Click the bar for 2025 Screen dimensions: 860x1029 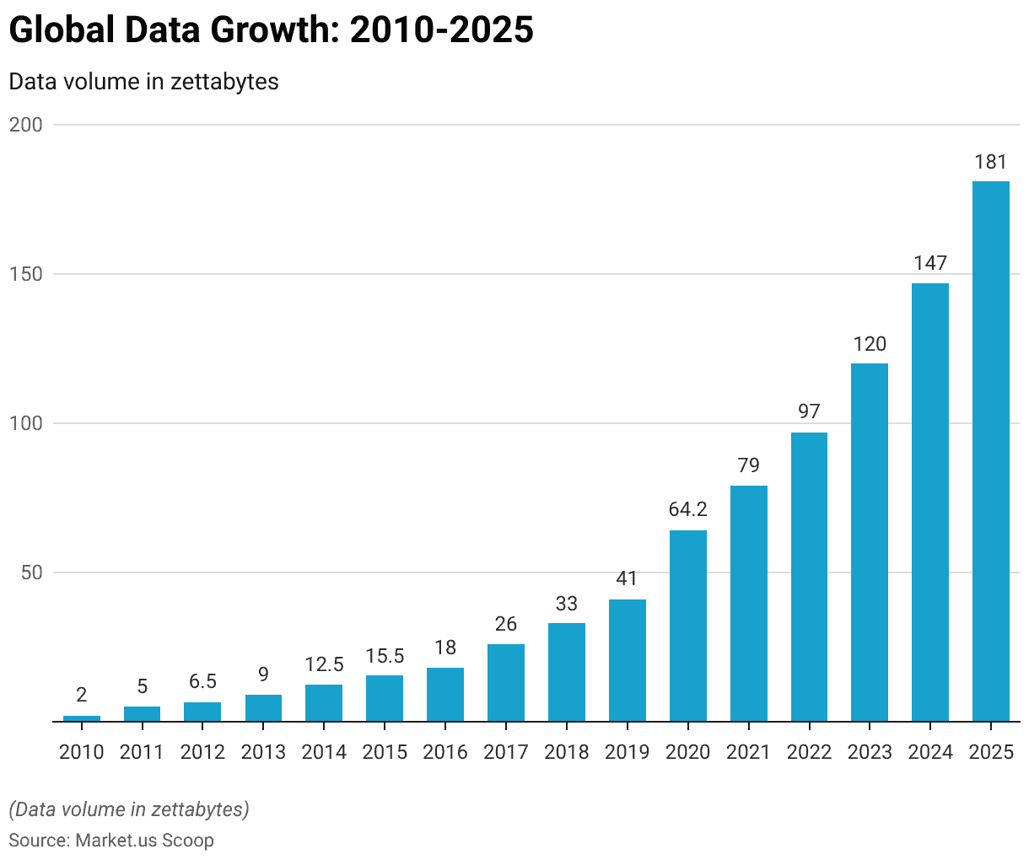991,451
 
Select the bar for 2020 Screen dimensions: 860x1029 688,626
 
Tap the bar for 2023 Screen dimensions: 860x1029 870,542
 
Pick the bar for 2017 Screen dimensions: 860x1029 506,683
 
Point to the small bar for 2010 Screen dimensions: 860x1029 82,718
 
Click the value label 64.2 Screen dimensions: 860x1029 688,509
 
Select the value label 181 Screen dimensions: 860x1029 991,162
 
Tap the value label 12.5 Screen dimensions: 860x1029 324,664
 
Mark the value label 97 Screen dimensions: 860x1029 809,411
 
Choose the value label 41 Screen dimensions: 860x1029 627,578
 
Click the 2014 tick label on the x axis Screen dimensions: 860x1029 324,752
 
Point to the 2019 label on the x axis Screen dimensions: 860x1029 627,752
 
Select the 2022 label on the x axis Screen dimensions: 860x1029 809,752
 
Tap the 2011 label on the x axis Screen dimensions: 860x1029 142,752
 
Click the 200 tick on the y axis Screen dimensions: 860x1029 25,125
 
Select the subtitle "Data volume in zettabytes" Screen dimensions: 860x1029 143,82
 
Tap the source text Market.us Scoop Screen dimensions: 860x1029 144,840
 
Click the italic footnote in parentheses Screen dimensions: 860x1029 129,809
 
